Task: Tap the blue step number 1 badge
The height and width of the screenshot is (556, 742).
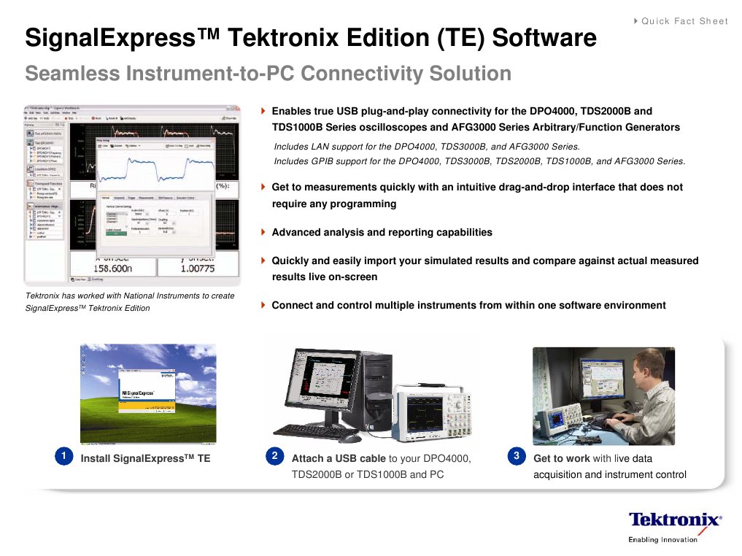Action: click(x=63, y=457)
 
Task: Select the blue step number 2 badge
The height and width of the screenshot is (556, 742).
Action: click(x=274, y=457)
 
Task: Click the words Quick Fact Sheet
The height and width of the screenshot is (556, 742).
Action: click(x=684, y=21)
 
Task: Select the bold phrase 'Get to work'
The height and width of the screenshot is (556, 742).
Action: click(x=562, y=459)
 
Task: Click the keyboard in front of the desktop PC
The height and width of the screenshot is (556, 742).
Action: click(x=314, y=431)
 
